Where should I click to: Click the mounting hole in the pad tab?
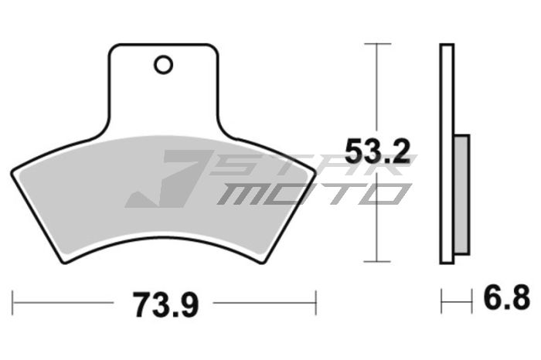tap(162, 65)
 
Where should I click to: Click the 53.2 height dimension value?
tap(376, 151)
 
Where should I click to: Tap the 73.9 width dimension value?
tap(164, 304)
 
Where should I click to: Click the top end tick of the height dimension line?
tap(376, 43)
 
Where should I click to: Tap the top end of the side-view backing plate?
tap(447, 46)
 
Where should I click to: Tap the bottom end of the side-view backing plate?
tap(447, 262)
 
